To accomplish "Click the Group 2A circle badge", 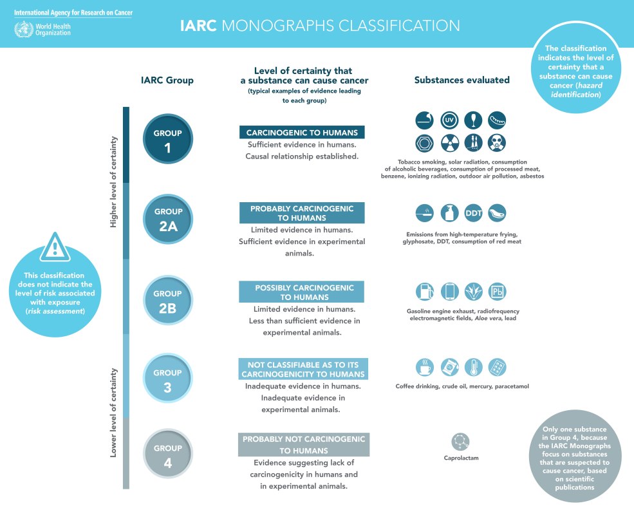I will (x=168, y=218).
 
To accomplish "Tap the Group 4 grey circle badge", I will (x=168, y=453).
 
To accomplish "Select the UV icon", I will (x=449, y=120).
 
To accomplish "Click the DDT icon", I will (x=473, y=212).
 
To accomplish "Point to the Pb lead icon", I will (x=498, y=291).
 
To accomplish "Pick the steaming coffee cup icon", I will (x=425, y=367).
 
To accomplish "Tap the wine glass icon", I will (x=473, y=120).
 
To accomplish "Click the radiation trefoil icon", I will (x=449, y=142).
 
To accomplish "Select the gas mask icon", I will (x=498, y=142).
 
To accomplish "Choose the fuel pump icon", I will (x=425, y=291).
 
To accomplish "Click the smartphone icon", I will (x=449, y=291).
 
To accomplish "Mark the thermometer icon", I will (x=473, y=367).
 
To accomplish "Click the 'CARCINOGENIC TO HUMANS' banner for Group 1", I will (x=302, y=133).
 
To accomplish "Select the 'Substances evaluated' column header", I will (x=462, y=80).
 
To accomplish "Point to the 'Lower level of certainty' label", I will (x=113, y=412).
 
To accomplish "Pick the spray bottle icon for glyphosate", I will (x=449, y=212).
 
